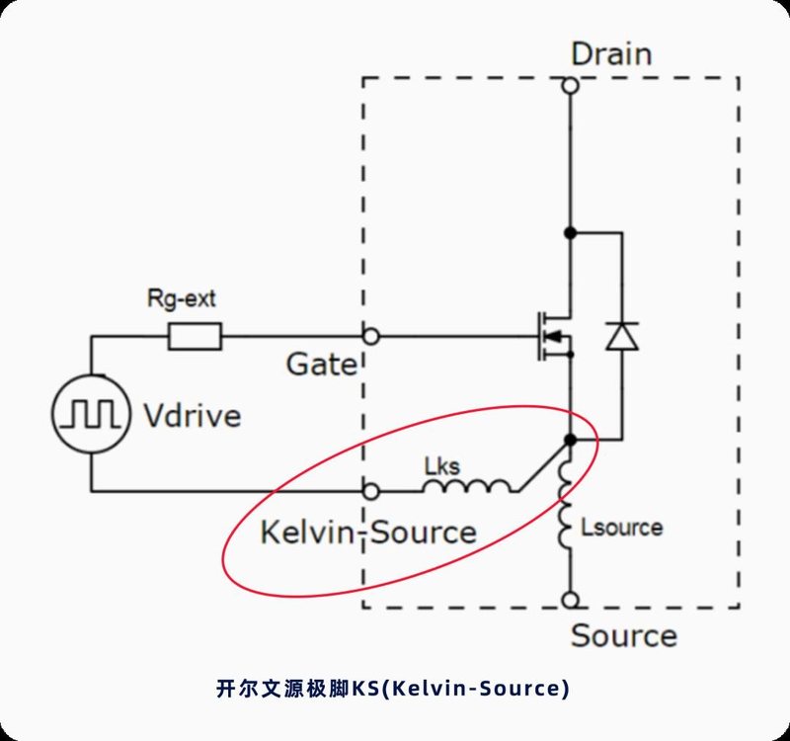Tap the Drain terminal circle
pos(570,86)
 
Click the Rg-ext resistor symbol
pos(195,336)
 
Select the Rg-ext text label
pos(181,297)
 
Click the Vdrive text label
pos(191,415)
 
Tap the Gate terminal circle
pos(371,336)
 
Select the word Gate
pos(321,365)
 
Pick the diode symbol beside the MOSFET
pos(621,336)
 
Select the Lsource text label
pos(622,528)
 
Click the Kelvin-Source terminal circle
pos(371,490)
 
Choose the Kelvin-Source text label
pos(367,533)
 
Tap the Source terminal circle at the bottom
pos(570,600)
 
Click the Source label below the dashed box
pos(623,635)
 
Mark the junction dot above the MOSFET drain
pos(570,232)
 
